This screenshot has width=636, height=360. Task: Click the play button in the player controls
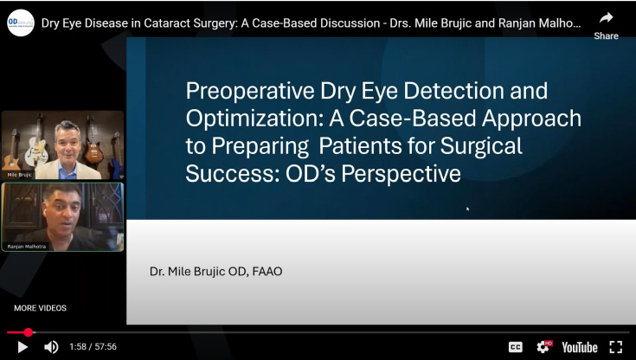(x=23, y=347)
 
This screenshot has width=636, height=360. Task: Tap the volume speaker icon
(x=51, y=347)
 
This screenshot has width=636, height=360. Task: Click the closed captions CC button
(x=516, y=347)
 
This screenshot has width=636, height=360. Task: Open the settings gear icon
(x=543, y=347)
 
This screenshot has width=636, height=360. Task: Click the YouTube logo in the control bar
(x=579, y=347)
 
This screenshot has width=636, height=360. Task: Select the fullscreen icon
(x=616, y=347)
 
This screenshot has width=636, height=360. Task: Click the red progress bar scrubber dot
(x=29, y=332)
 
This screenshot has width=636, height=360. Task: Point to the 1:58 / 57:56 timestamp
(x=93, y=347)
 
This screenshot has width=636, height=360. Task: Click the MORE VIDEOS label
(x=40, y=308)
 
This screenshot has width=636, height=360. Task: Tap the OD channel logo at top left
(x=20, y=22)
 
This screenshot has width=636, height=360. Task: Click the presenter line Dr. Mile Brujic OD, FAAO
(x=216, y=272)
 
